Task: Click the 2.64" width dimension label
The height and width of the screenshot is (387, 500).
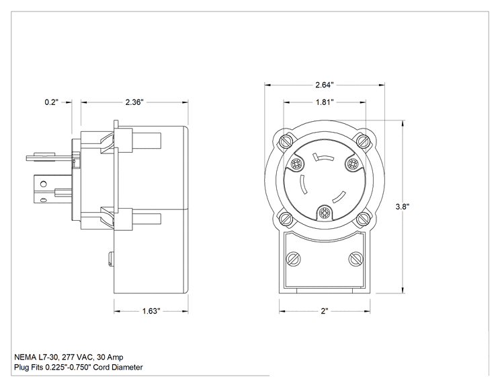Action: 325,85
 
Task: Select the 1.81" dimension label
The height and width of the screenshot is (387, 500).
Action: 325,102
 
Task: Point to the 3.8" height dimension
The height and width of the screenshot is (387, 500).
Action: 403,207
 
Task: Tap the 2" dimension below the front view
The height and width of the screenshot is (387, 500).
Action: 325,311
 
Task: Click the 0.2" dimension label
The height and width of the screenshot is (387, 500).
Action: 52,102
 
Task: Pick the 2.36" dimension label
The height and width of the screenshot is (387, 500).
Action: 134,102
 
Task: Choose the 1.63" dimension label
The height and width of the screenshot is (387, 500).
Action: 151,311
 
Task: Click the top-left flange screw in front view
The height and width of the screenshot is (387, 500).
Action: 286,141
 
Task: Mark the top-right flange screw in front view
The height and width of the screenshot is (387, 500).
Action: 363,141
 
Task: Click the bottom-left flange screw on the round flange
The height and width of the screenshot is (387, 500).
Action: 286,219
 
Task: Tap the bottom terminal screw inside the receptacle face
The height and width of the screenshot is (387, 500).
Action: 324,213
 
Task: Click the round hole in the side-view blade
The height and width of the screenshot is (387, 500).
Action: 44,184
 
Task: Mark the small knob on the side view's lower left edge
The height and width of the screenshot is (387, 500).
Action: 111,259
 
